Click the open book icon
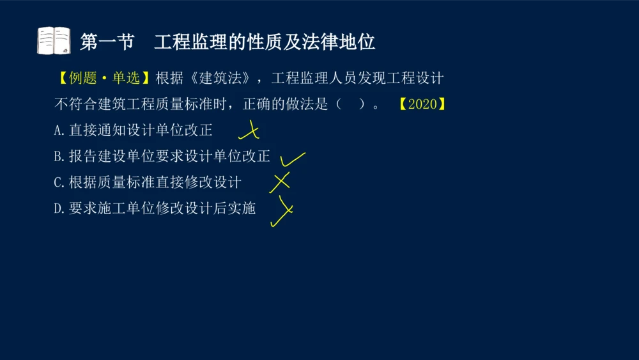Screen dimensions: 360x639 (x=54, y=41)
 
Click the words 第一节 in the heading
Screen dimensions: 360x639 (x=107, y=42)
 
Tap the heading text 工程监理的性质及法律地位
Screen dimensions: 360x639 (x=265, y=42)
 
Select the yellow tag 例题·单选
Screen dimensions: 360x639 (x=103, y=79)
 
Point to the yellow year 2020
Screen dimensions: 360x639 (x=422, y=104)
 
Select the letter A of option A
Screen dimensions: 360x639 (x=58, y=130)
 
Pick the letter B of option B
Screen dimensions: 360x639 (x=58, y=156)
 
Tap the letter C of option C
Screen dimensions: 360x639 (x=58, y=182)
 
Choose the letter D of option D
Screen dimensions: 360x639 (x=58, y=208)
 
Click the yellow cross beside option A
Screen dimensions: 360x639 (x=250, y=131)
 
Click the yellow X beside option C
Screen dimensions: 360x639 (x=280, y=182)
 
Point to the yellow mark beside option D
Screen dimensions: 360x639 (x=282, y=211)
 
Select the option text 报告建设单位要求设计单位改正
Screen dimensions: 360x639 (x=169, y=156)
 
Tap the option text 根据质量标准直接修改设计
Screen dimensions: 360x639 (x=155, y=182)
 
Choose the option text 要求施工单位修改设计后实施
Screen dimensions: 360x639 (x=162, y=208)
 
